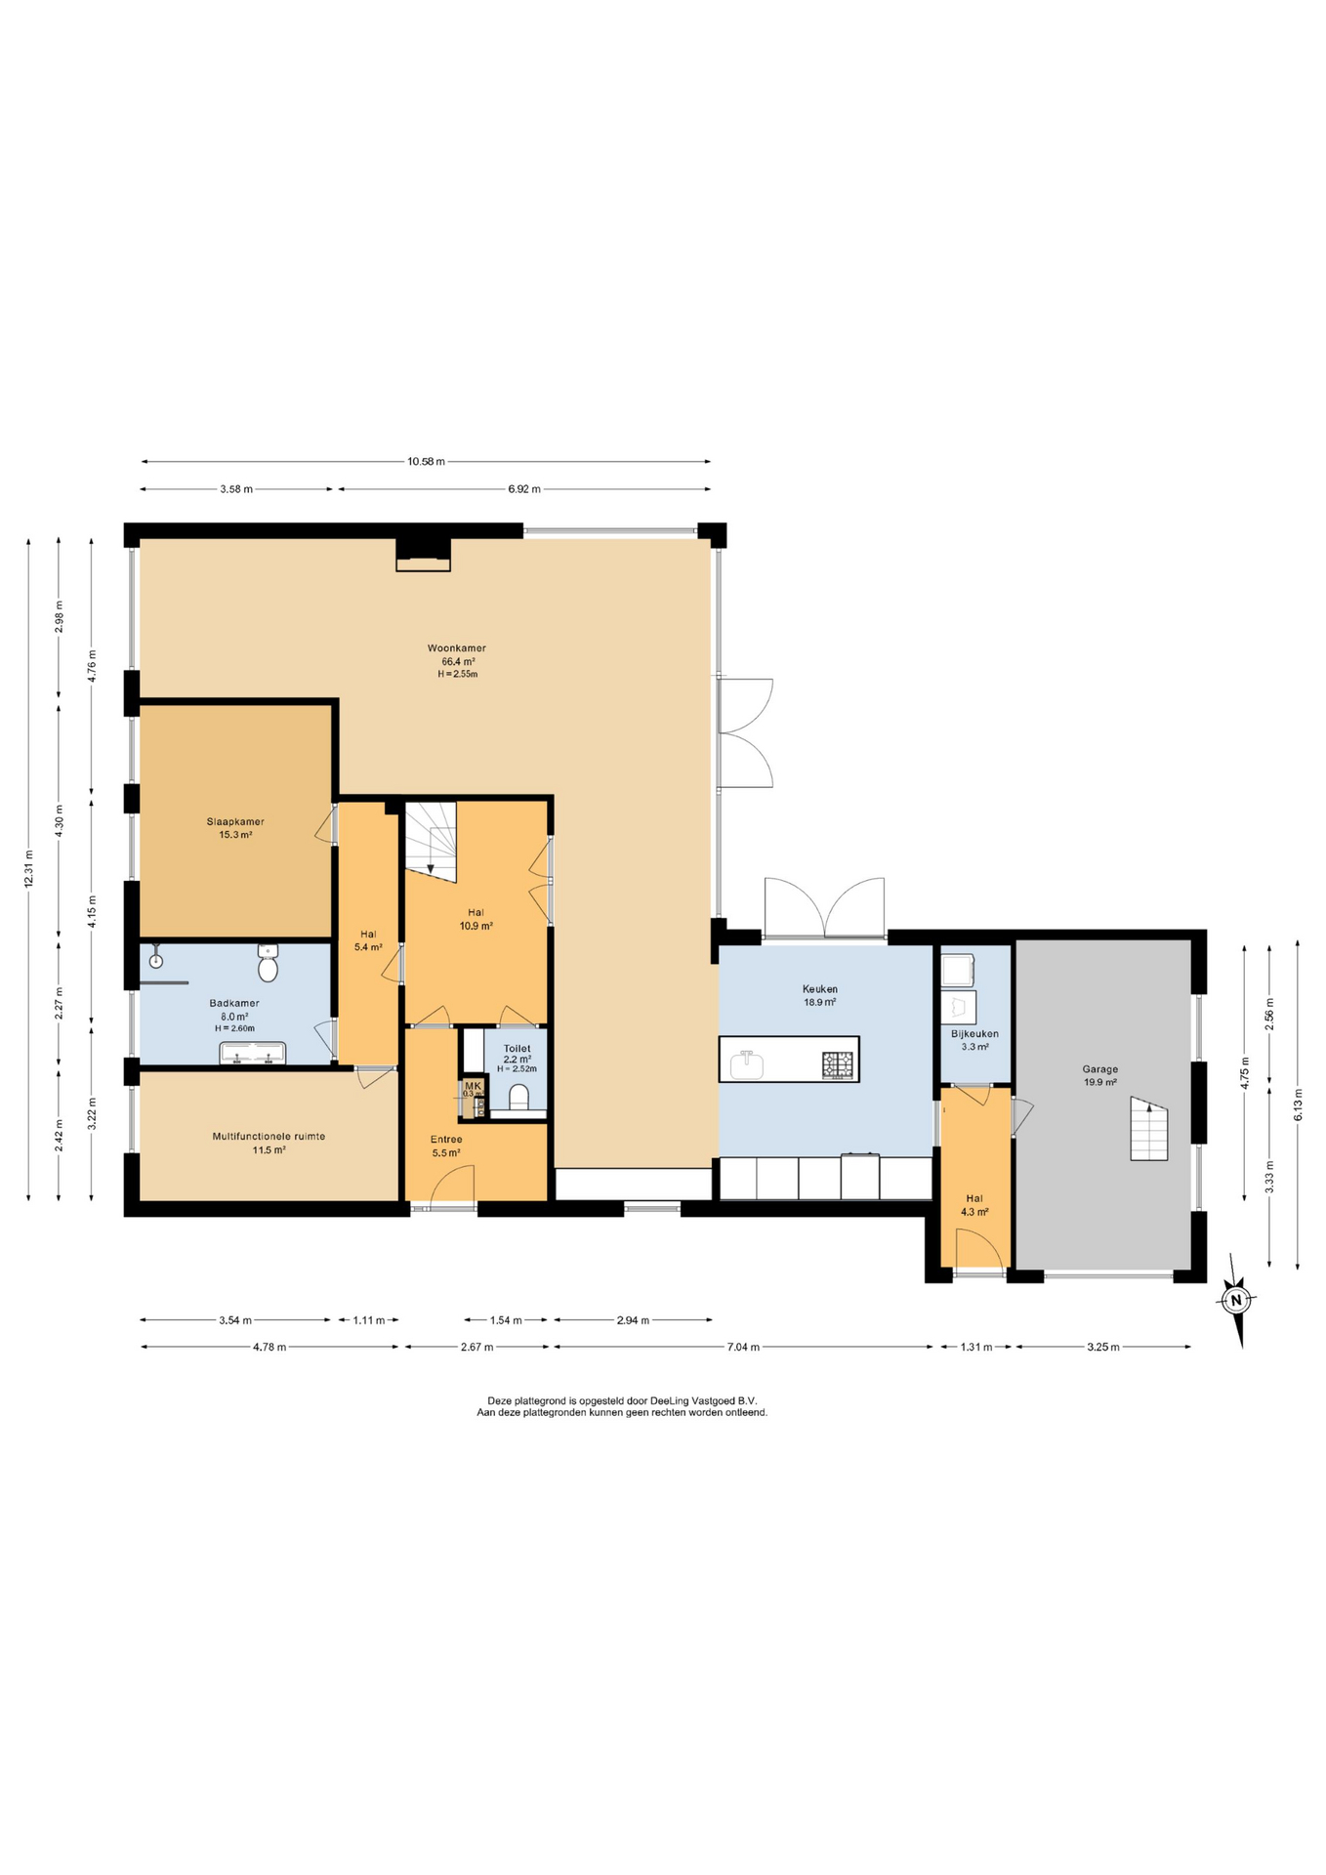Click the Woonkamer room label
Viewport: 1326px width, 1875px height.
(x=456, y=647)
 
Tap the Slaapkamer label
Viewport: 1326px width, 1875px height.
(x=235, y=821)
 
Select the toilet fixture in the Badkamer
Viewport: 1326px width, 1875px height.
(x=269, y=963)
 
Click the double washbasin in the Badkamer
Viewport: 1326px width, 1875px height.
(x=253, y=1053)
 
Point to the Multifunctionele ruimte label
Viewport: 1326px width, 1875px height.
(x=269, y=1136)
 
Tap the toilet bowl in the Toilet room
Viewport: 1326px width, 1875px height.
(x=519, y=1097)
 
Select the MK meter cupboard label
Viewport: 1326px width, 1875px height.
(x=473, y=1086)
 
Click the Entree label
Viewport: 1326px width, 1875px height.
(x=446, y=1139)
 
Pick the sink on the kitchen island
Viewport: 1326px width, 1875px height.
(x=747, y=1062)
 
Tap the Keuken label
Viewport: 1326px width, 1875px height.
(x=820, y=988)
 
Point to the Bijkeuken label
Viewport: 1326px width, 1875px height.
(x=974, y=1033)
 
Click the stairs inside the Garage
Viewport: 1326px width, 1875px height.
(x=1149, y=1128)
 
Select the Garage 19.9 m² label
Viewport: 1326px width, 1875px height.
(x=1099, y=1075)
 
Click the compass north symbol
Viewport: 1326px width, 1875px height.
(x=1237, y=1300)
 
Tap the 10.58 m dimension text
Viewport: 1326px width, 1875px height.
(x=426, y=461)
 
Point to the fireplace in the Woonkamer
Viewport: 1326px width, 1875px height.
(x=423, y=555)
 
